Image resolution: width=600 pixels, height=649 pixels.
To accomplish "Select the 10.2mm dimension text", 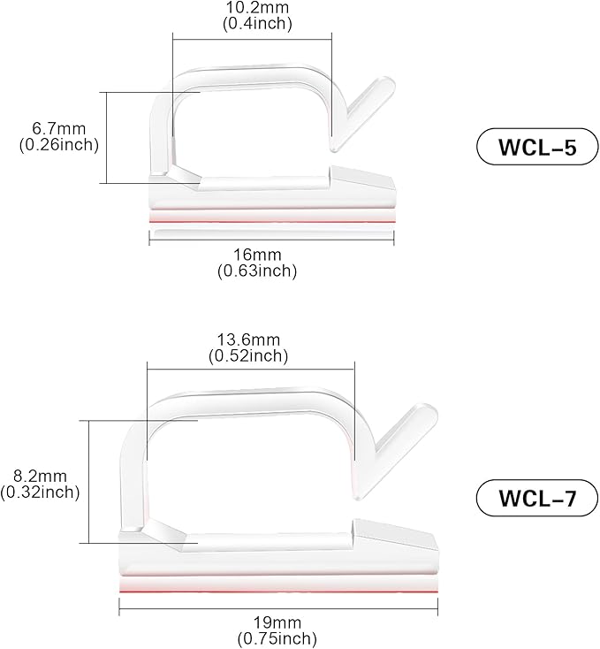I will coord(256,8).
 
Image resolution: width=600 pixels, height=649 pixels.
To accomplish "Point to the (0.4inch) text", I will coord(256,24).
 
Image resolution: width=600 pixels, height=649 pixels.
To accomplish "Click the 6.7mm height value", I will coord(58,128).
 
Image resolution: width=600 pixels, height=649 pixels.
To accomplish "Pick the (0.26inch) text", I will coord(58,144).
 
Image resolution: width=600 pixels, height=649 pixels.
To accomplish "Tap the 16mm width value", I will coord(256,256).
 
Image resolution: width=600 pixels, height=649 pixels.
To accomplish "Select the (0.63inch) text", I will coord(256,271).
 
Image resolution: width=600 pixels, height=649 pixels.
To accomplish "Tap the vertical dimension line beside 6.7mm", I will coord(106,137).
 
